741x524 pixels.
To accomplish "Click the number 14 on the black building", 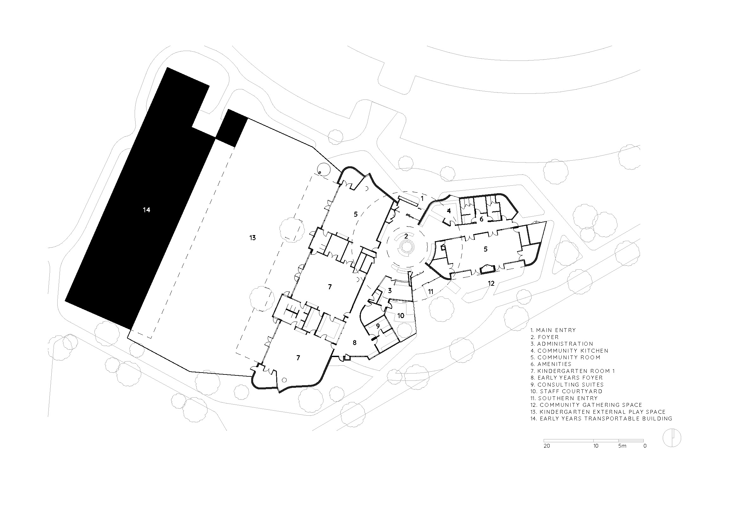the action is coord(147,210).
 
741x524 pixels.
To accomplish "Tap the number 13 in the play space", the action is coord(252,238).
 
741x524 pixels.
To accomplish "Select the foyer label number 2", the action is coord(406,236).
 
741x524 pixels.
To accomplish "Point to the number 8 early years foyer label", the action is coord(355,343).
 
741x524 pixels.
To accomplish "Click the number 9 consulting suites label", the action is coord(378,326).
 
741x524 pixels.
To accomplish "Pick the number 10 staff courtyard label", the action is coord(401,316).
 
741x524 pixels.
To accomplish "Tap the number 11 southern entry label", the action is coord(431,292).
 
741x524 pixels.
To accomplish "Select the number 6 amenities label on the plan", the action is coord(481,220).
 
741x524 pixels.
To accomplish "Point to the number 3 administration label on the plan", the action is coord(390,291).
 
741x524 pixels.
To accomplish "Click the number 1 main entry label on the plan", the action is coord(422,198).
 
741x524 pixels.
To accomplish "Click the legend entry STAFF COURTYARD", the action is coord(566,391).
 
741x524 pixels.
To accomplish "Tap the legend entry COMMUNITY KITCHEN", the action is coord(570,351).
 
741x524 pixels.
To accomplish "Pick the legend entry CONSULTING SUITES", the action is coord(567,385).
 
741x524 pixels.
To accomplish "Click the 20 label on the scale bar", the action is coord(547,446).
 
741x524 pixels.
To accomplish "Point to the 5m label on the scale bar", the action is coord(622,446).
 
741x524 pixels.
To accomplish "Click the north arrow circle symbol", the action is coord(672,438).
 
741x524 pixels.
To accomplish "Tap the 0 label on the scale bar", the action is coord(645,446).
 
